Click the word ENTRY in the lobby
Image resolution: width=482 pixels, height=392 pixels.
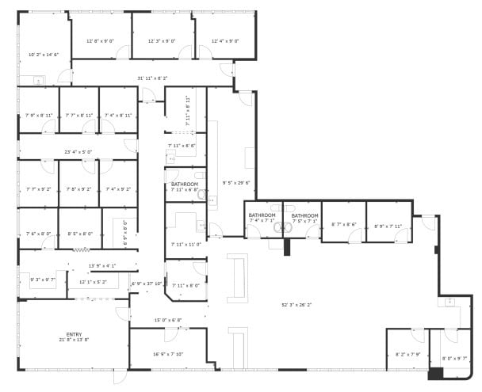pos(73,334)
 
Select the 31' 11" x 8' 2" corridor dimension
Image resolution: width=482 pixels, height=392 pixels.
pos(152,78)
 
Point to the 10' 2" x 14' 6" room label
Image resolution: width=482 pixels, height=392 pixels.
pos(44,55)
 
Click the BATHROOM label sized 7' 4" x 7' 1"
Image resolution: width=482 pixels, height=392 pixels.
pos(262,215)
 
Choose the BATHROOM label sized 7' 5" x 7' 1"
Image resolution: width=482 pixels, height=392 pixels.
pos(304,215)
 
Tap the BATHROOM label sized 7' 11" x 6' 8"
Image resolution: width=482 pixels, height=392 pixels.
pos(185,185)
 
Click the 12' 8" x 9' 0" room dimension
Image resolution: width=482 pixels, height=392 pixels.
pos(99,40)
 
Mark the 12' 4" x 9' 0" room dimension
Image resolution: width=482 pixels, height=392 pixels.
pos(225,40)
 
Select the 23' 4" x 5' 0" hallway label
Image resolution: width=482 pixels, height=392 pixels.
pos(78,151)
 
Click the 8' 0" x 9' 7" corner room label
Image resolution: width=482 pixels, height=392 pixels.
pos(455,359)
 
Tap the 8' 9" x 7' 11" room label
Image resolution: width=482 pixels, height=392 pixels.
pos(388,226)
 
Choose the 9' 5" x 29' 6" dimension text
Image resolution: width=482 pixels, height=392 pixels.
pos(236,182)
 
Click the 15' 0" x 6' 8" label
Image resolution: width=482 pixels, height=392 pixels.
pos(167,320)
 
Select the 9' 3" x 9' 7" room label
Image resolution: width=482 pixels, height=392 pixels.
pos(43,279)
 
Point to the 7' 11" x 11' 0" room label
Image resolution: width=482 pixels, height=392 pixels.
pos(185,245)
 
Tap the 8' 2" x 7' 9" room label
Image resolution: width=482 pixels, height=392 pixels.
pos(409,354)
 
